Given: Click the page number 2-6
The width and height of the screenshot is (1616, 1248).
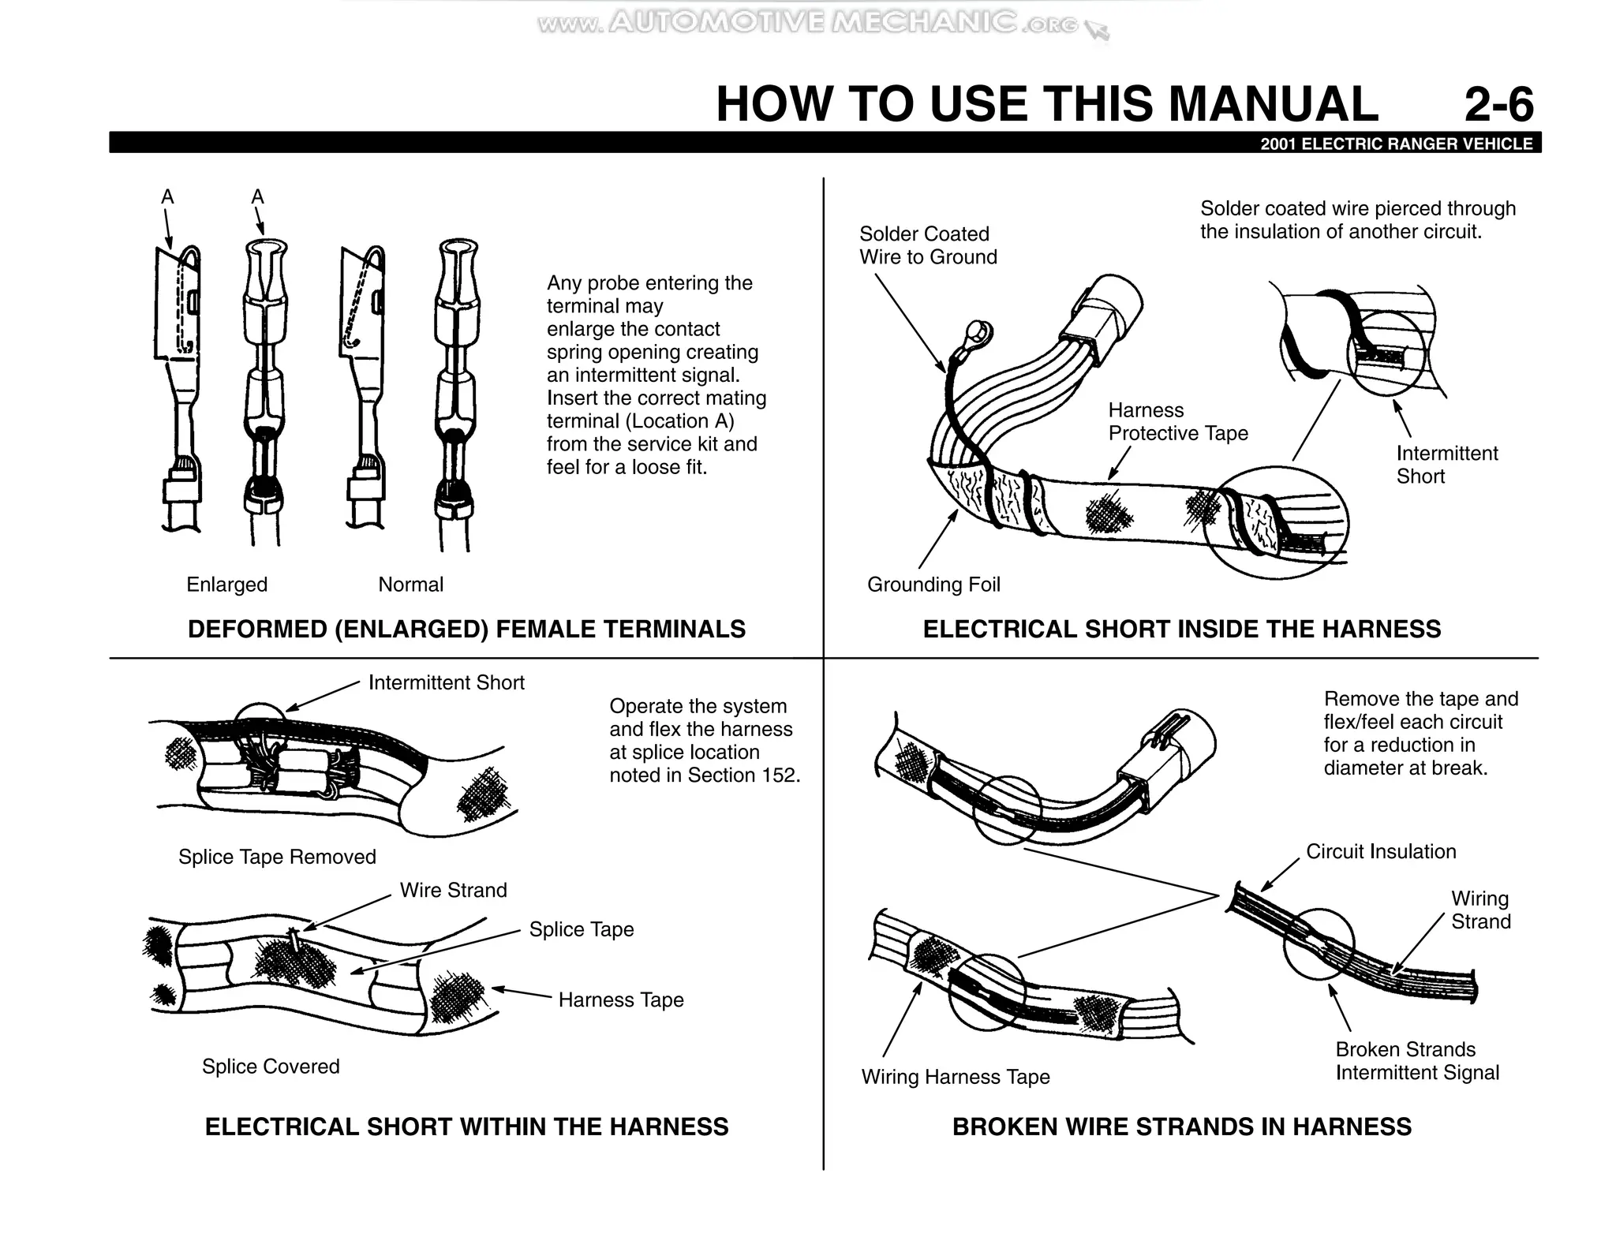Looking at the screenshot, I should pyautogui.click(x=1498, y=104).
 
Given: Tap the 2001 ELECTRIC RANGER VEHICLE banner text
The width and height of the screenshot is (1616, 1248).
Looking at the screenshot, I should pyautogui.click(x=1396, y=144).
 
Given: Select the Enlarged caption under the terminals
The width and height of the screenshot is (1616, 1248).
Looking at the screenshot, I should pyautogui.click(x=226, y=585).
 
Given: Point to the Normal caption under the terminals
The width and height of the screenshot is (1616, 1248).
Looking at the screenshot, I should pyautogui.click(x=410, y=585).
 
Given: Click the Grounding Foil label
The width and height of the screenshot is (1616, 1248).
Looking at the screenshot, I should pyautogui.click(x=933, y=585).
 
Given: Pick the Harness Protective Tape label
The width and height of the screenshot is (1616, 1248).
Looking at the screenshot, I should pyautogui.click(x=1177, y=422).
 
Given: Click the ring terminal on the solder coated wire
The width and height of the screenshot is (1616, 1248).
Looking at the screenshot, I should pyautogui.click(x=978, y=332).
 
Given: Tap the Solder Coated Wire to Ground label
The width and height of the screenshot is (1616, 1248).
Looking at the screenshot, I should pyautogui.click(x=927, y=245).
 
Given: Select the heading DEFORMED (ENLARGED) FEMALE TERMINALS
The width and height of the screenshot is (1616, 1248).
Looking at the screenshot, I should pyautogui.click(x=466, y=630).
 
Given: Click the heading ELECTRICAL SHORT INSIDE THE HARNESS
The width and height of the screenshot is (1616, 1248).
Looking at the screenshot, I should pyautogui.click(x=1181, y=630).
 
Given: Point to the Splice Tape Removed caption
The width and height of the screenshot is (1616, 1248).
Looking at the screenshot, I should pyautogui.click(x=277, y=857).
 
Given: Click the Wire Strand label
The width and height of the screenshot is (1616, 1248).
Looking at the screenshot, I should pyautogui.click(x=453, y=890).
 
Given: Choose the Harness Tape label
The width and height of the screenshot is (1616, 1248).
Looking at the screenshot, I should pyautogui.click(x=621, y=1000).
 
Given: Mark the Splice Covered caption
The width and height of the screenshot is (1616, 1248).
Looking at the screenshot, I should pyautogui.click(x=271, y=1067).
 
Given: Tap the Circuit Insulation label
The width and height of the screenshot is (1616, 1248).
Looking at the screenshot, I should pyautogui.click(x=1381, y=851).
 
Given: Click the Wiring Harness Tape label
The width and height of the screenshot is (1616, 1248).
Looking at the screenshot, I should pyautogui.click(x=956, y=1077).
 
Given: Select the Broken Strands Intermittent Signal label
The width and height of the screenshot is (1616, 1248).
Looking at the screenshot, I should pyautogui.click(x=1416, y=1061).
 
